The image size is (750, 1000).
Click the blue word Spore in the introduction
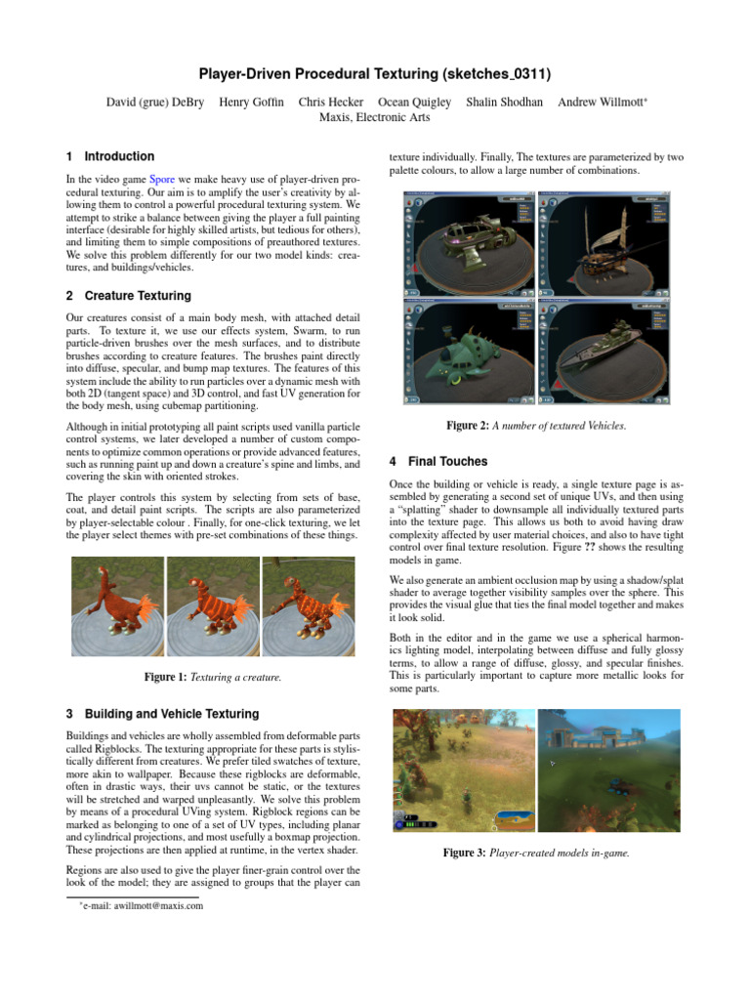point(162,182)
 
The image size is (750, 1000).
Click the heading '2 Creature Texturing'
point(128,296)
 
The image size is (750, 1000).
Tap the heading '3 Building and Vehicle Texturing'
point(161,714)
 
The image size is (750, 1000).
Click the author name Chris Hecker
point(330,102)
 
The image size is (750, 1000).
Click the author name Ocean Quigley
point(414,102)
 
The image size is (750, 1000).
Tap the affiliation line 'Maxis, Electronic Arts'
point(375,117)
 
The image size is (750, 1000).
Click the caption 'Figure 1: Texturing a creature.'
point(213,678)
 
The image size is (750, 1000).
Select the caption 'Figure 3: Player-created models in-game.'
point(536,853)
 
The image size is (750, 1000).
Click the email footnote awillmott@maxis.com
point(144,906)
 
